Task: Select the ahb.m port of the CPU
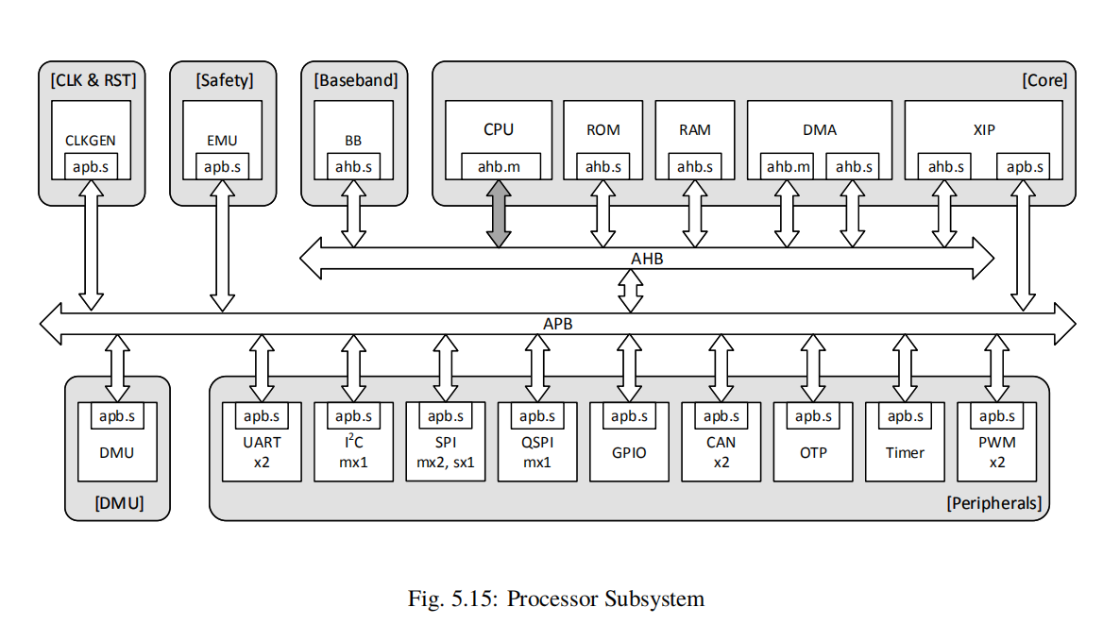pos(501,167)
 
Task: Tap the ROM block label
pos(603,130)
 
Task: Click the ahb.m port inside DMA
pos(789,167)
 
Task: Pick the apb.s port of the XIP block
pos(1025,167)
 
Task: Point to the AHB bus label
pos(647,259)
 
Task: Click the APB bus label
pos(557,324)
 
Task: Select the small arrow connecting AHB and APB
pos(630,291)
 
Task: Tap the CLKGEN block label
pos(91,141)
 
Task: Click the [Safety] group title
pos(224,81)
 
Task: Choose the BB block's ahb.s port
pos(353,167)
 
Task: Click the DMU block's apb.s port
pos(117,416)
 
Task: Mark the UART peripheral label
pos(262,442)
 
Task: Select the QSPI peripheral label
pos(536,442)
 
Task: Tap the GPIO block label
pos(629,452)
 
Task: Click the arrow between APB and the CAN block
pos(721,368)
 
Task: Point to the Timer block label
pos(905,452)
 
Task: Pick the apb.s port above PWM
pos(997,416)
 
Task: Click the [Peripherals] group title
pos(993,503)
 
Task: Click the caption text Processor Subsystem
pos(605,599)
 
